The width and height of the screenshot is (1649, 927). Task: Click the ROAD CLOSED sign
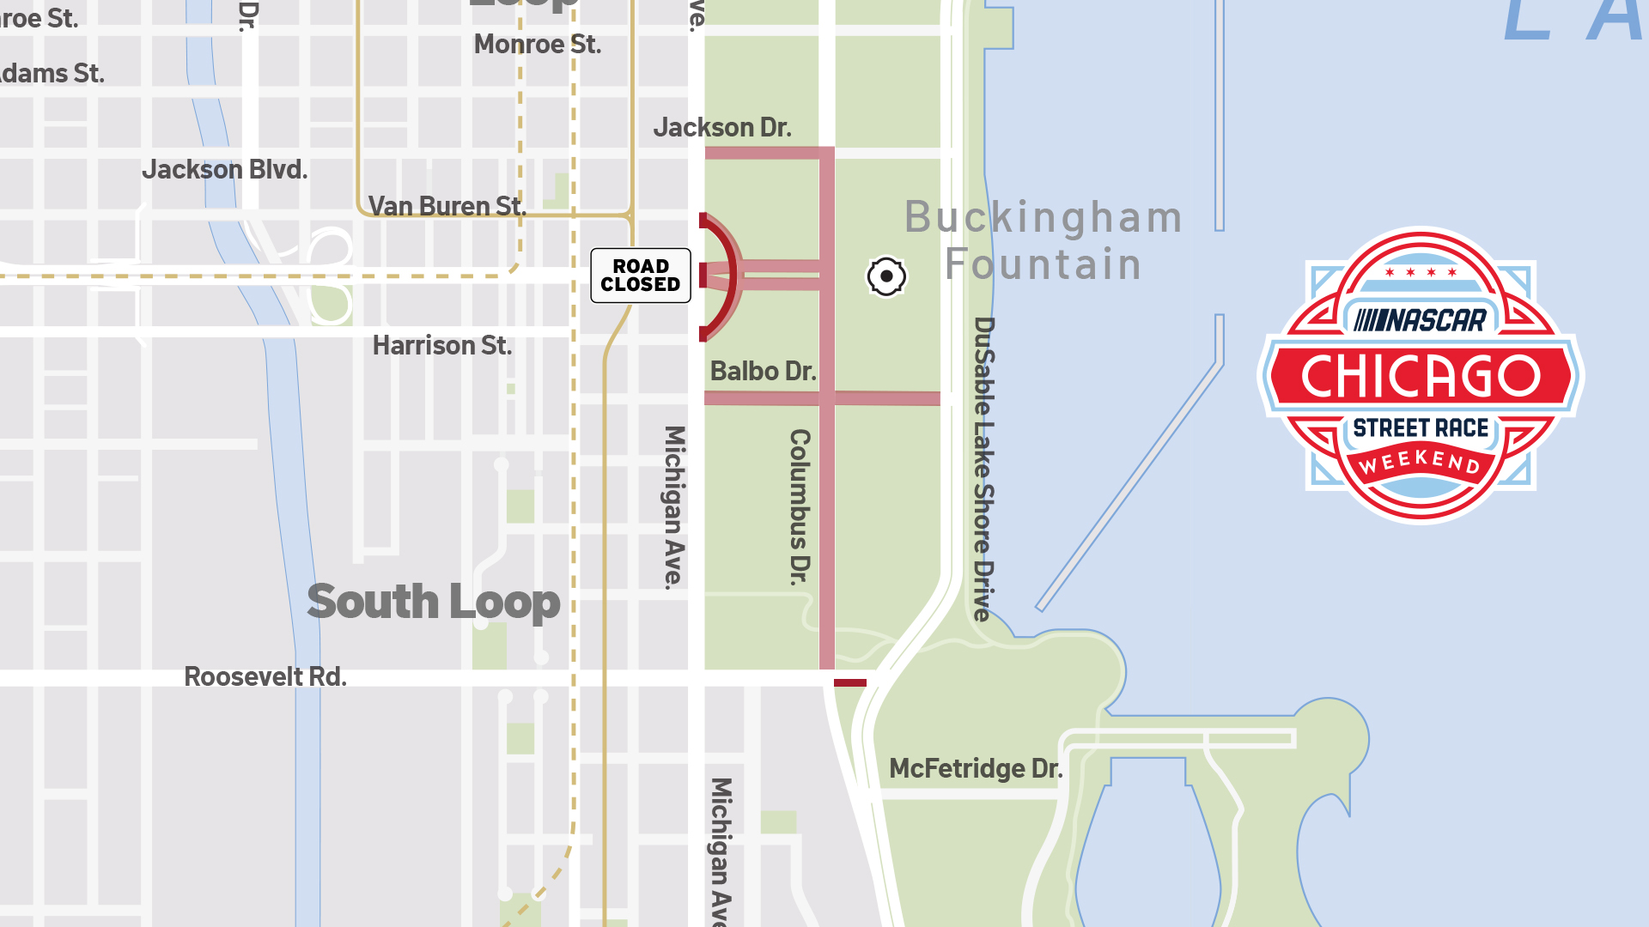(641, 276)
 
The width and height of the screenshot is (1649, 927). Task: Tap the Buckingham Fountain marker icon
(886, 276)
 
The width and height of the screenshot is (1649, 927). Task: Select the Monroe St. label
(538, 44)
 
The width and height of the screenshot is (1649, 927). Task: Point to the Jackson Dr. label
(722, 128)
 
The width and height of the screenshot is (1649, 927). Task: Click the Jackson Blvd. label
(225, 170)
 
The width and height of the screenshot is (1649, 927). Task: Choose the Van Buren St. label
(447, 206)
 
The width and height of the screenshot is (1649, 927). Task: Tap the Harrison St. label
(442, 346)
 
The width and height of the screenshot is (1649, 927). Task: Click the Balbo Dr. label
(763, 371)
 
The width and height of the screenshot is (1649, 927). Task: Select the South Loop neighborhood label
(434, 602)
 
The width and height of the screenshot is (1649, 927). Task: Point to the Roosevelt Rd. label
(265, 677)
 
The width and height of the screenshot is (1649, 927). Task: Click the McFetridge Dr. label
(976, 768)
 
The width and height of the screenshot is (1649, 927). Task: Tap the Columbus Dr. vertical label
(800, 506)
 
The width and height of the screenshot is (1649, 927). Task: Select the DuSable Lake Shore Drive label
(984, 469)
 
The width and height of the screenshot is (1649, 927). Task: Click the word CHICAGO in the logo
(1421, 376)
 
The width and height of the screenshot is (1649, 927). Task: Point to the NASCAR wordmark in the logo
(1421, 321)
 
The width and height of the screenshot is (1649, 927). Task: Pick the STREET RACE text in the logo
(1421, 427)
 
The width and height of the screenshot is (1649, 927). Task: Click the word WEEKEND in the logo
(1421, 462)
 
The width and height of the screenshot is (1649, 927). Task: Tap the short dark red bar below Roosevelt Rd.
(850, 683)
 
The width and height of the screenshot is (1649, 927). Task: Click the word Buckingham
(1044, 217)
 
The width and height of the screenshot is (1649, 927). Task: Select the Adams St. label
(52, 74)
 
